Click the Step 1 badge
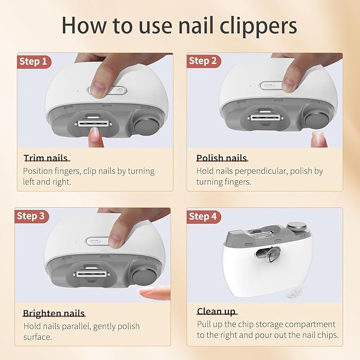click(x=33, y=62)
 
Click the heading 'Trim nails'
click(x=45, y=158)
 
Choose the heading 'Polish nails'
click(x=221, y=158)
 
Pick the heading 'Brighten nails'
click(x=54, y=313)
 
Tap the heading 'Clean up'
click(x=216, y=311)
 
